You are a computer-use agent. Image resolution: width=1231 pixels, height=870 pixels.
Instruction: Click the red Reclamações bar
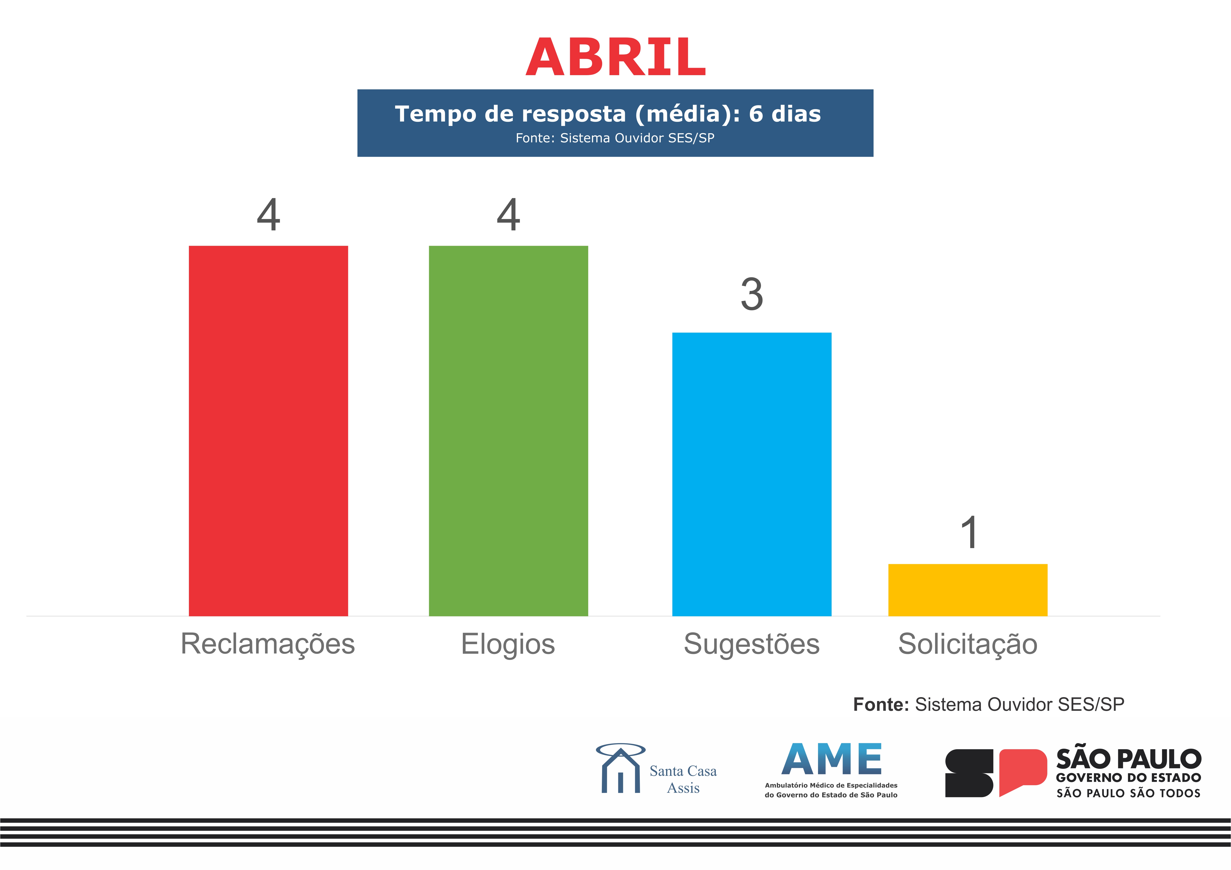click(268, 431)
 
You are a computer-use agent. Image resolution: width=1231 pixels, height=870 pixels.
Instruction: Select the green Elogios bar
click(508, 431)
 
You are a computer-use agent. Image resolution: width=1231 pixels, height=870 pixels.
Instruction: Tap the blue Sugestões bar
click(752, 474)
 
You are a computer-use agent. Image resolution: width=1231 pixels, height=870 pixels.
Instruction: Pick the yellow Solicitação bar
click(968, 590)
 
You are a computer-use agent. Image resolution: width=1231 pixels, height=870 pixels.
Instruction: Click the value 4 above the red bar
click(268, 215)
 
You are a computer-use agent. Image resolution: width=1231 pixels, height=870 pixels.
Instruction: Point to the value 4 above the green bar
click(508, 215)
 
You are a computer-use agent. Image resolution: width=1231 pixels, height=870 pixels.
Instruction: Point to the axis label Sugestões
click(752, 644)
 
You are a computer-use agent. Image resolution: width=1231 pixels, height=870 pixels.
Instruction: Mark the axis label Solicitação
click(968, 644)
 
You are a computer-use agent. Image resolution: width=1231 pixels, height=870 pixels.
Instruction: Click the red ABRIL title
click(615, 57)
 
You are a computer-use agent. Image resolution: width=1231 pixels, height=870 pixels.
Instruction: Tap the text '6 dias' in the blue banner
click(785, 114)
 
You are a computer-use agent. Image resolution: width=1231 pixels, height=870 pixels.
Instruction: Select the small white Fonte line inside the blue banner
click(615, 138)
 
